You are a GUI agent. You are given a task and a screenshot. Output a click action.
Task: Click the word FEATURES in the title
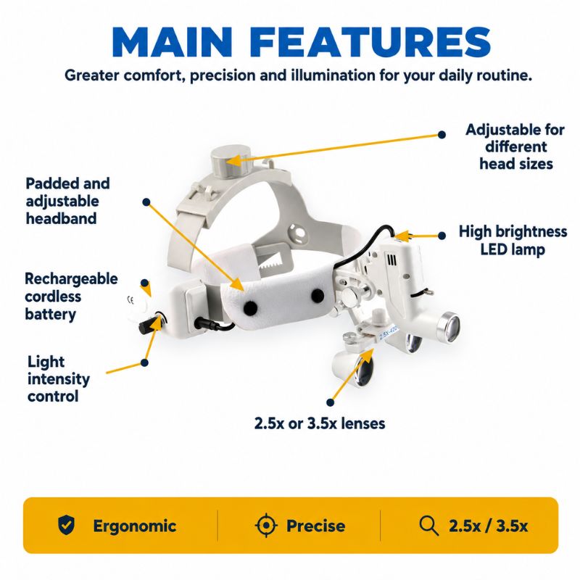click(x=371, y=42)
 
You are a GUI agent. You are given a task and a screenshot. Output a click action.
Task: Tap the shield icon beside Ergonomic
click(x=67, y=525)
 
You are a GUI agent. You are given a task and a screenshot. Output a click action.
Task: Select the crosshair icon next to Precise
click(x=266, y=525)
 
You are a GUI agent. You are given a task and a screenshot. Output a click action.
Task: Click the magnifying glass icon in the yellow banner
click(x=429, y=526)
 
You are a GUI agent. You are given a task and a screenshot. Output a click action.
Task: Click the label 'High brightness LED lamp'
click(x=513, y=241)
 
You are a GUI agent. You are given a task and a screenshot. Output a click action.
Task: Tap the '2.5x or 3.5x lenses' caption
click(x=320, y=423)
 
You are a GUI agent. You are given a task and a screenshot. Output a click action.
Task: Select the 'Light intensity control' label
click(x=59, y=378)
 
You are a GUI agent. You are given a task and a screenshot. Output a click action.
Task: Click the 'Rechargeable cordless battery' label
click(x=71, y=297)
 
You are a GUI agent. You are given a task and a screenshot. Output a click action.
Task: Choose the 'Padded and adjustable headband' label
click(x=67, y=201)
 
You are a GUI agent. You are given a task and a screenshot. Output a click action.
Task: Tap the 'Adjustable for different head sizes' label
click(x=515, y=146)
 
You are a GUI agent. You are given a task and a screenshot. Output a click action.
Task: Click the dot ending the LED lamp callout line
click(x=442, y=236)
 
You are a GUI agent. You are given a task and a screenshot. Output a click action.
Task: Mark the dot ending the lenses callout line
click(x=331, y=402)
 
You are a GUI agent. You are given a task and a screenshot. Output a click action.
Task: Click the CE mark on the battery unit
click(x=130, y=300)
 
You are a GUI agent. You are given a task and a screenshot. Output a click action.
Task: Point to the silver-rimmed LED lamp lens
click(x=449, y=328)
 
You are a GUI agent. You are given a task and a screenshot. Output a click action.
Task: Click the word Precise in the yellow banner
click(x=316, y=526)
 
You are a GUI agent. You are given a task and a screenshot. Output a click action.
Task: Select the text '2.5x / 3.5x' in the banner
click(x=488, y=526)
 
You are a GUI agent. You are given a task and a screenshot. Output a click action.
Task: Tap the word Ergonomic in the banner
click(x=135, y=526)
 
